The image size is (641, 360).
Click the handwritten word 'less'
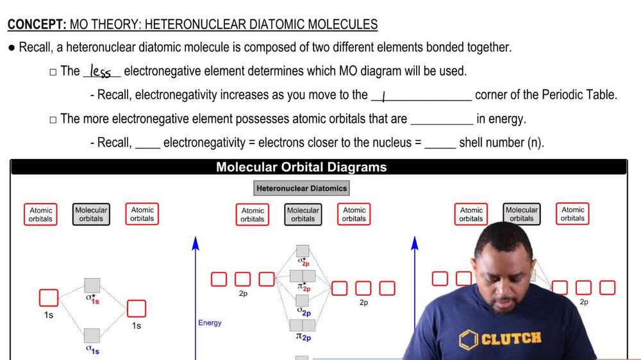(x=101, y=71)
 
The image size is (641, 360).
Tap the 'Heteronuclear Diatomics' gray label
(x=301, y=188)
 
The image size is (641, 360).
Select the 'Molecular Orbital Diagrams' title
(x=301, y=167)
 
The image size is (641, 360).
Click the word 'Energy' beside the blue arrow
(x=210, y=323)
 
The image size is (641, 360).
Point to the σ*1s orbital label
(x=93, y=298)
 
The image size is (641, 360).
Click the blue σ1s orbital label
(x=93, y=349)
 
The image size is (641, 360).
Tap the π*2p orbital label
(x=303, y=288)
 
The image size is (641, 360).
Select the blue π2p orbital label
(x=303, y=337)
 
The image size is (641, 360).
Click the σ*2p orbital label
(x=303, y=261)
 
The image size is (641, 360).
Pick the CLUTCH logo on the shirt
(x=501, y=338)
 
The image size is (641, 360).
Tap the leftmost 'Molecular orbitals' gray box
(x=91, y=215)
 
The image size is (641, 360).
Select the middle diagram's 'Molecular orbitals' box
(x=303, y=215)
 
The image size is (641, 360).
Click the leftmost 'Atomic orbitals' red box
(x=41, y=215)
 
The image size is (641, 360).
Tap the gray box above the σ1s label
(x=92, y=335)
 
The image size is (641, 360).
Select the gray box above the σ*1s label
(x=92, y=285)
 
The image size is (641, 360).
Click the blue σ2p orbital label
(x=303, y=312)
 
